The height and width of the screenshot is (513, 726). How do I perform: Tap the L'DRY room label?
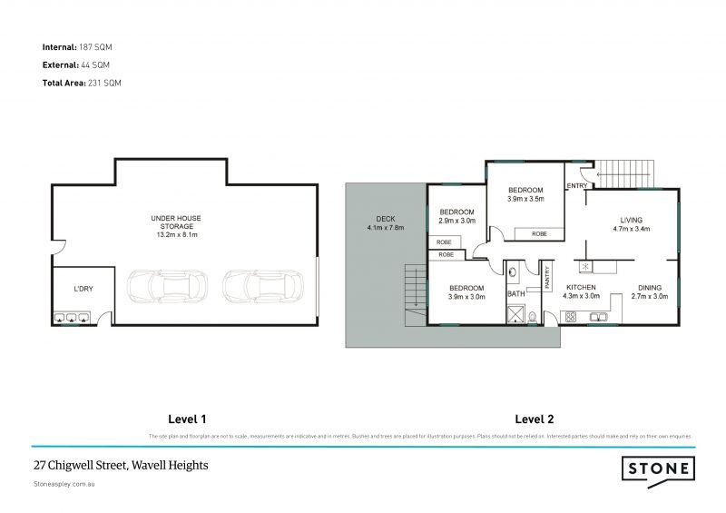click(84, 290)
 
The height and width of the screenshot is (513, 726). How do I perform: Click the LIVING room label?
click(632, 220)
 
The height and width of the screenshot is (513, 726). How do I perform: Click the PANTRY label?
click(547, 278)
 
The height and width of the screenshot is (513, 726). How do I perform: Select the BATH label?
click(516, 294)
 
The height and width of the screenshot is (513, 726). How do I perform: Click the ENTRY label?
click(576, 186)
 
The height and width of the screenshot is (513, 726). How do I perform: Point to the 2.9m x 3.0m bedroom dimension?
click(456, 221)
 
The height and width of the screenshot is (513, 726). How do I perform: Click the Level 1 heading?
click(188, 419)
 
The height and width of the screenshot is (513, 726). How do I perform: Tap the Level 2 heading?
click(534, 419)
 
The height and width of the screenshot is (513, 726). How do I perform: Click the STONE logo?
click(657, 469)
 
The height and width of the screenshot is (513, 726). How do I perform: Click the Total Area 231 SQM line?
click(82, 83)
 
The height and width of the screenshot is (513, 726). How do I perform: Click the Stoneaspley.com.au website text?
click(64, 485)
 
